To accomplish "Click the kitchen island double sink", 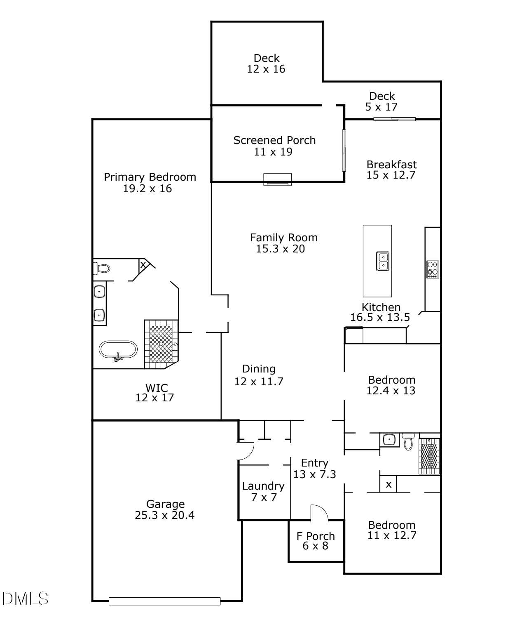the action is coord(383,261).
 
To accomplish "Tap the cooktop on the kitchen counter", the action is coord(433,269).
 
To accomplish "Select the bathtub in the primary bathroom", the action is coord(118,350).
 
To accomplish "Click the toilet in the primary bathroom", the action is coord(102,269).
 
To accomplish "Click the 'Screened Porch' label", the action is coord(274,140).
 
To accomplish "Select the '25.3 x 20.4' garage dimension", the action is coord(165,515).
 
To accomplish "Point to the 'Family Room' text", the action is coord(284,238).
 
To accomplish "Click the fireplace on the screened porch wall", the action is coord(277,179).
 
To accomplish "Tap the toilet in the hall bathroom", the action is coord(408,441).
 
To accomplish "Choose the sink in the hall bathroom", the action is coord(389,440).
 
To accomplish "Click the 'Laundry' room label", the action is coord(263,486).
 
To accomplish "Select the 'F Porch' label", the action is coord(316,536).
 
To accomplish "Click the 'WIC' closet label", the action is coord(157,388).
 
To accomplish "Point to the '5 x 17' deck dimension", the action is coord(381,107).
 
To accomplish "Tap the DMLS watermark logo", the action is coord(25,599).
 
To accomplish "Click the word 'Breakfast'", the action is coord(392,165).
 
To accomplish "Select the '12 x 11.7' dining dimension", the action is coord(258,382).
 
